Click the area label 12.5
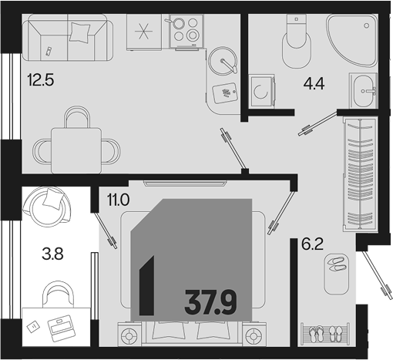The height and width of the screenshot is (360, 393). (41, 79)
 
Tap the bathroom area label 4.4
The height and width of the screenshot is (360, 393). (314, 83)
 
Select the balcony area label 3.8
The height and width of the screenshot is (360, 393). (52, 254)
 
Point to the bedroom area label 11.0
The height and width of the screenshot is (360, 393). (118, 200)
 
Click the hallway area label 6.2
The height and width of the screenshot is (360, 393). (312, 244)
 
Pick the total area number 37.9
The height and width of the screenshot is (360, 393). (210, 302)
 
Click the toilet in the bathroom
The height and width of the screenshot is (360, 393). (297, 41)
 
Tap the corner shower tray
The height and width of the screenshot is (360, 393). (352, 41)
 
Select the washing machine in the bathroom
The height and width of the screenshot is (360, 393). (262, 91)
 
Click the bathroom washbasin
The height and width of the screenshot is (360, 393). (364, 91)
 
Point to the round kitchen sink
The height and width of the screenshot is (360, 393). (222, 61)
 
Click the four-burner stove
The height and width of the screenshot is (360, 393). (186, 31)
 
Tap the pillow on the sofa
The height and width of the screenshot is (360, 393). (80, 32)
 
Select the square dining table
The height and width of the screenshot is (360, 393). (76, 151)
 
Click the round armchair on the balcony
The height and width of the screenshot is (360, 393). (47, 207)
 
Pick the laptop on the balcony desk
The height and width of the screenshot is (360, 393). (62, 328)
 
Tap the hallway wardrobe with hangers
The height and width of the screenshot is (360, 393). (360, 174)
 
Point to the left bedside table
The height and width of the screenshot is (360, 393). (129, 334)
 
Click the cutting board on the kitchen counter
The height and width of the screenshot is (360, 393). (225, 93)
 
